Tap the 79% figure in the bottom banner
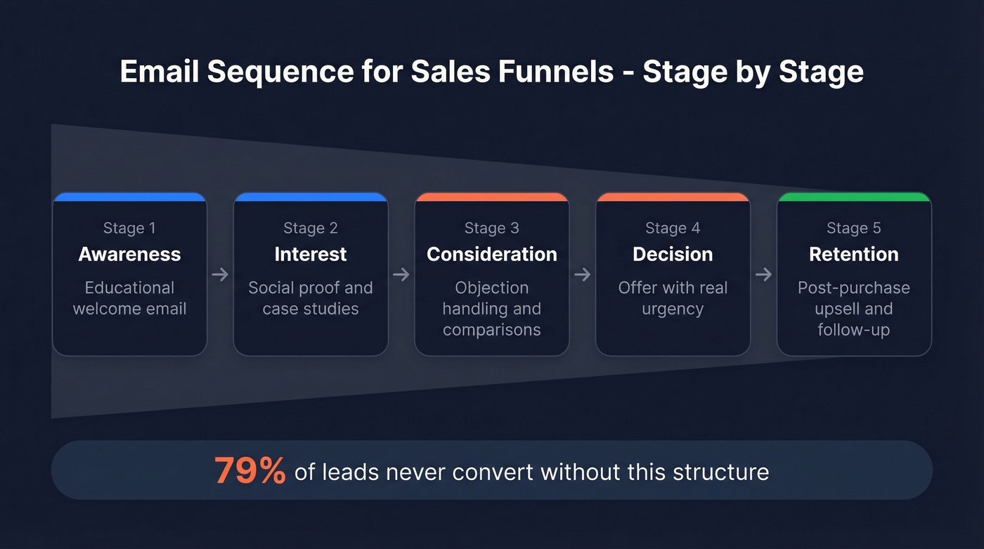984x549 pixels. click(250, 470)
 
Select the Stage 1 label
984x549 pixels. click(129, 228)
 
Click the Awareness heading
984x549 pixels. click(129, 254)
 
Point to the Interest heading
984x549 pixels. click(311, 254)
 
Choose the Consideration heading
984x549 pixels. click(491, 254)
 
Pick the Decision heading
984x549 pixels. click(673, 254)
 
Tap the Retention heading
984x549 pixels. click(853, 254)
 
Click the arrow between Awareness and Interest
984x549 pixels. click(220, 274)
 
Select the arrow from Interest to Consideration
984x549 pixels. click(401, 274)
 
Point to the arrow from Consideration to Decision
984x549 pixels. click(582, 274)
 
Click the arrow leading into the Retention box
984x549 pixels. click(763, 274)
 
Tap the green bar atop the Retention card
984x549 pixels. click(853, 197)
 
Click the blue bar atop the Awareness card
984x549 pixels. click(129, 197)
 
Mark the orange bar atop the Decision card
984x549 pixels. click(673, 197)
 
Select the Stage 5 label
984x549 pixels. click(853, 228)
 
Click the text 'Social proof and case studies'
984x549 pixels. click(311, 298)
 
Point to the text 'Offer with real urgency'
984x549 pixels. click(673, 298)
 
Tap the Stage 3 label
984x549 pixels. click(491, 228)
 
